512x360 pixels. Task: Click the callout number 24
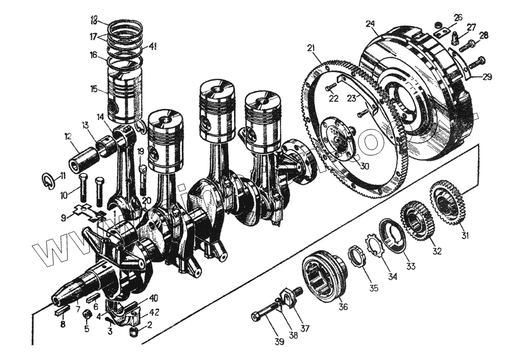point(370,24)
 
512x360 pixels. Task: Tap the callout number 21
point(311,48)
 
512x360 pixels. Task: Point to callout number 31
point(465,236)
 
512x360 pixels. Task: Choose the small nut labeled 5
point(87,313)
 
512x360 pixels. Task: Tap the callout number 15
point(93,89)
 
